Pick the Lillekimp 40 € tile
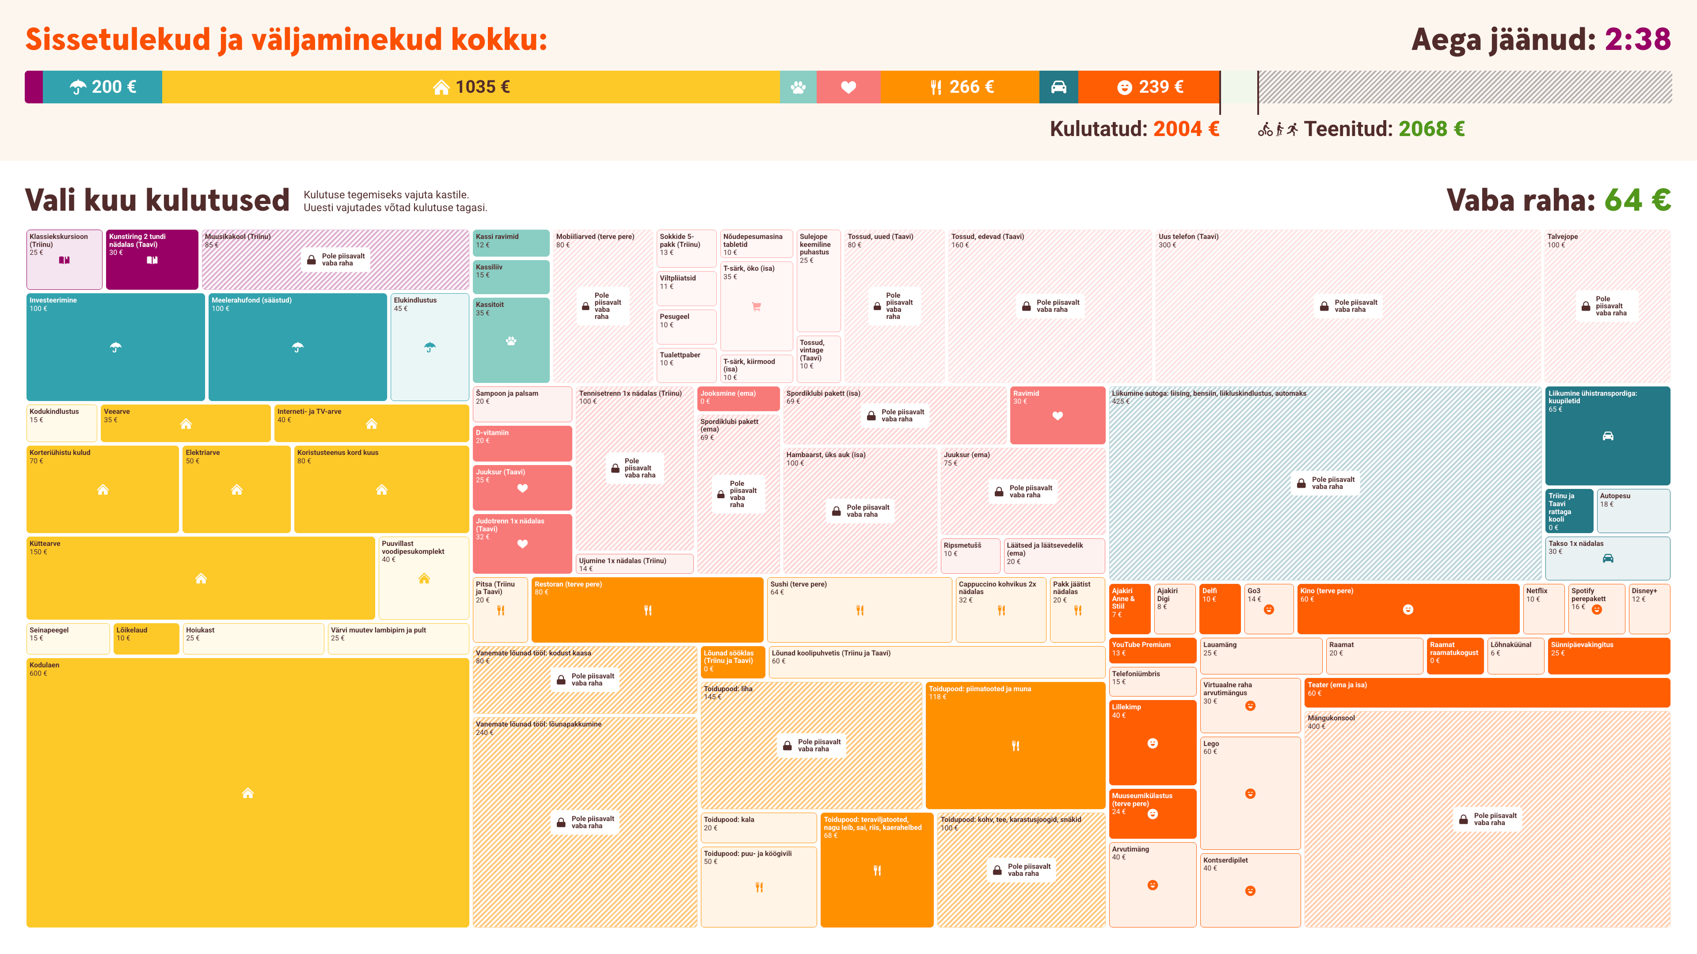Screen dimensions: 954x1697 coord(1152,742)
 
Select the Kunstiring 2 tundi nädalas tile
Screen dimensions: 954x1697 coord(152,259)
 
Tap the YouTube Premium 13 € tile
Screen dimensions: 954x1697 coord(1152,650)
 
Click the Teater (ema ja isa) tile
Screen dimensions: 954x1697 coord(1487,693)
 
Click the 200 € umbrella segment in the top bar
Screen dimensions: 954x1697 coord(103,87)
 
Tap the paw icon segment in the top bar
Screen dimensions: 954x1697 coord(798,87)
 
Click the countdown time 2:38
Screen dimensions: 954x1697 coord(1637,39)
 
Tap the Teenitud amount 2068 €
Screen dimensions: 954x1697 coord(1431,129)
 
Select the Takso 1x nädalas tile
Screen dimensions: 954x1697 coord(1607,558)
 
